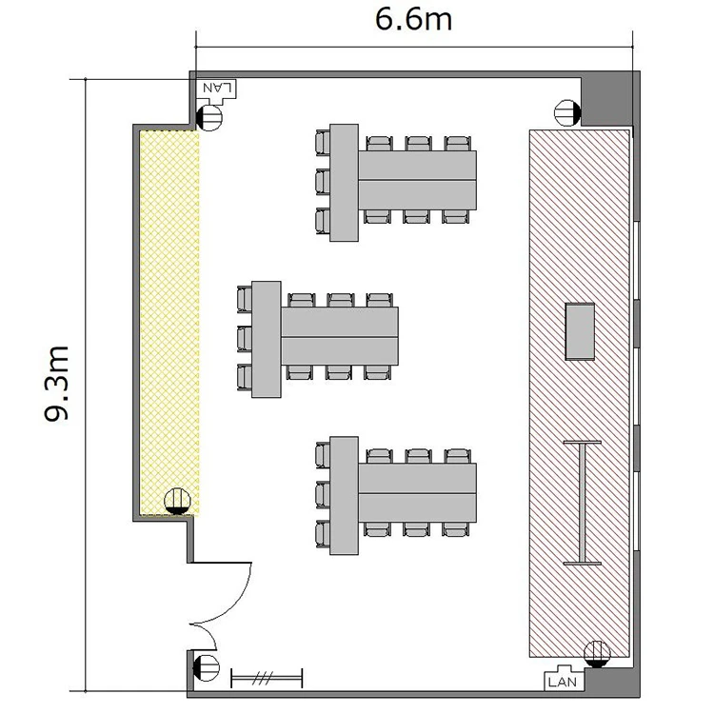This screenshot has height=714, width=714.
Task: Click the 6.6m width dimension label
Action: click(x=413, y=20)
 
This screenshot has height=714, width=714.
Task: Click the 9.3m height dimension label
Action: click(x=56, y=384)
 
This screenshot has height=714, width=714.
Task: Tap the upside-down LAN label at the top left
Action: click(x=218, y=87)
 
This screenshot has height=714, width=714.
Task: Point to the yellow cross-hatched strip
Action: click(x=169, y=323)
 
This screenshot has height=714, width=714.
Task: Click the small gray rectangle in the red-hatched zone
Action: click(x=580, y=331)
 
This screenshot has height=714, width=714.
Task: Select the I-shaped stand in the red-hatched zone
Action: click(x=582, y=503)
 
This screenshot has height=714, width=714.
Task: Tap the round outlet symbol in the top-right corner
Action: click(x=567, y=112)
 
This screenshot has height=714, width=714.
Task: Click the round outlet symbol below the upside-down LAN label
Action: click(x=209, y=117)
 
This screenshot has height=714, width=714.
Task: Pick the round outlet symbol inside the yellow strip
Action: click(x=177, y=502)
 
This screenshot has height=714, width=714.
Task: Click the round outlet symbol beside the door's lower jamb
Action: click(x=207, y=668)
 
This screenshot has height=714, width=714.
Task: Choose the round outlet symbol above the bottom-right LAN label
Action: click(x=597, y=654)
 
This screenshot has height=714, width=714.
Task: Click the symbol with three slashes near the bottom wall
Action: click(x=267, y=679)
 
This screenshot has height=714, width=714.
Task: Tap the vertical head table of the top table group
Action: click(x=344, y=183)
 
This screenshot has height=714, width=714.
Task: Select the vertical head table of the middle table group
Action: click(x=266, y=339)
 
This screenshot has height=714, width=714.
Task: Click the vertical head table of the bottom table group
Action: click(x=344, y=495)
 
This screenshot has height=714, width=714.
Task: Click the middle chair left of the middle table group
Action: click(x=245, y=338)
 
